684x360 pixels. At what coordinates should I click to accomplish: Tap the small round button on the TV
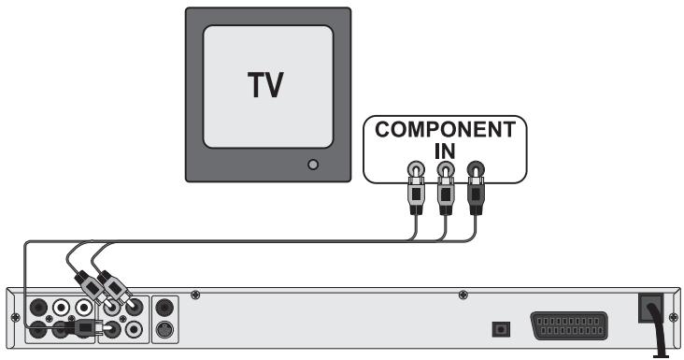point(313,165)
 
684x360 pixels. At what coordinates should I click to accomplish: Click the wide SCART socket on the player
point(573,326)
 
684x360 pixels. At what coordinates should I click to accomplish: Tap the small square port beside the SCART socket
point(500,328)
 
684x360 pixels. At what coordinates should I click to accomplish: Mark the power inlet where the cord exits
point(651,310)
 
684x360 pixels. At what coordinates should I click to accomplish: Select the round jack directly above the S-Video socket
point(165,307)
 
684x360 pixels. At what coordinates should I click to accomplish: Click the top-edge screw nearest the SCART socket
point(463,296)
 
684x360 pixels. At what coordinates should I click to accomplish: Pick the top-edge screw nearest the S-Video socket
point(194,296)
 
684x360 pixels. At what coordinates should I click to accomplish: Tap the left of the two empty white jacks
point(62,307)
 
